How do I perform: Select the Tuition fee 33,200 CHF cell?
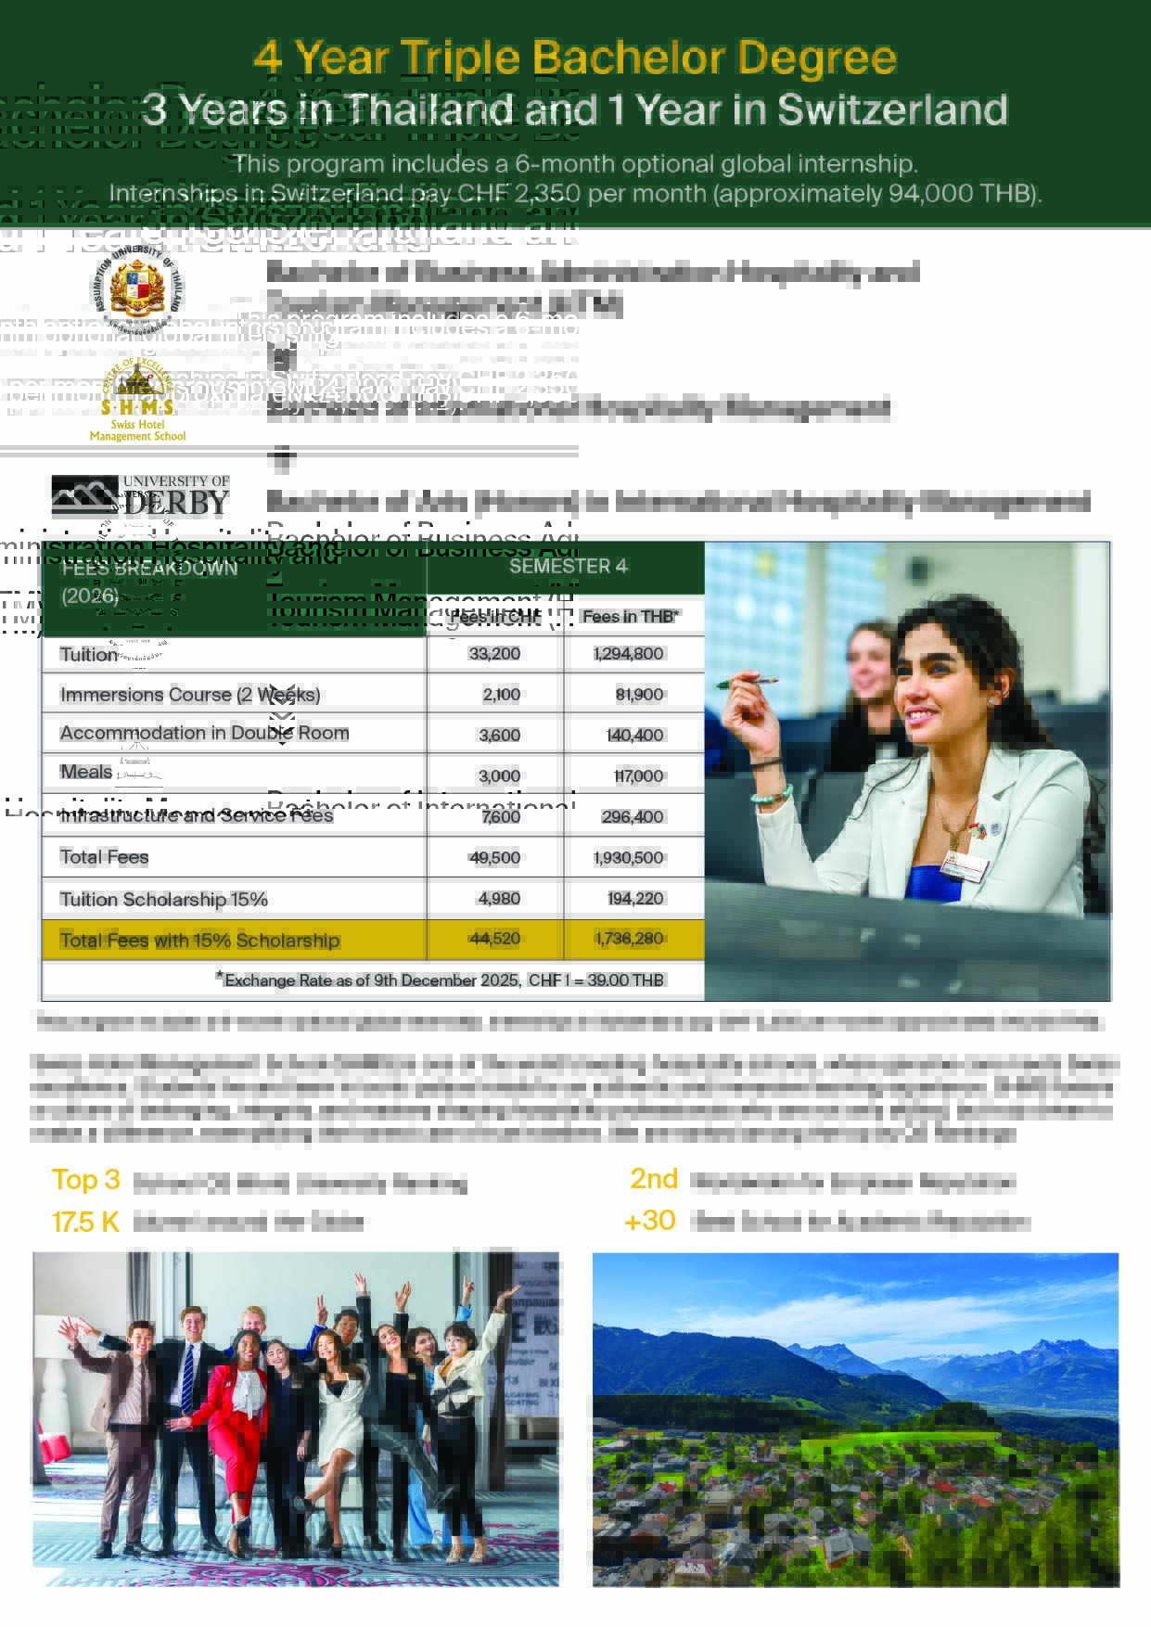coord(494,654)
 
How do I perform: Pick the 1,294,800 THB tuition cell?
coord(629,654)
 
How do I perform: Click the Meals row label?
coord(86,772)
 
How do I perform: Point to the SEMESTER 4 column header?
coord(568,566)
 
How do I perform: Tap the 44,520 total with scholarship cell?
coord(494,939)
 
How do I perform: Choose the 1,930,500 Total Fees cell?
coord(629,858)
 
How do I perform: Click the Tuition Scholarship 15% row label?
coord(163,899)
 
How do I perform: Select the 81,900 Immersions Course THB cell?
coord(639,695)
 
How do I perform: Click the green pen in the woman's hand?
coord(746,683)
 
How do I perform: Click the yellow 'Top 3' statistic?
coord(86,1180)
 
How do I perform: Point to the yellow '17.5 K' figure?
coord(86,1222)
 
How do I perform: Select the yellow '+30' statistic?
coord(650,1221)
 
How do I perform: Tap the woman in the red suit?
coord(236,1428)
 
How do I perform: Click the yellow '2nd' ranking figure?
coord(654,1179)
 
